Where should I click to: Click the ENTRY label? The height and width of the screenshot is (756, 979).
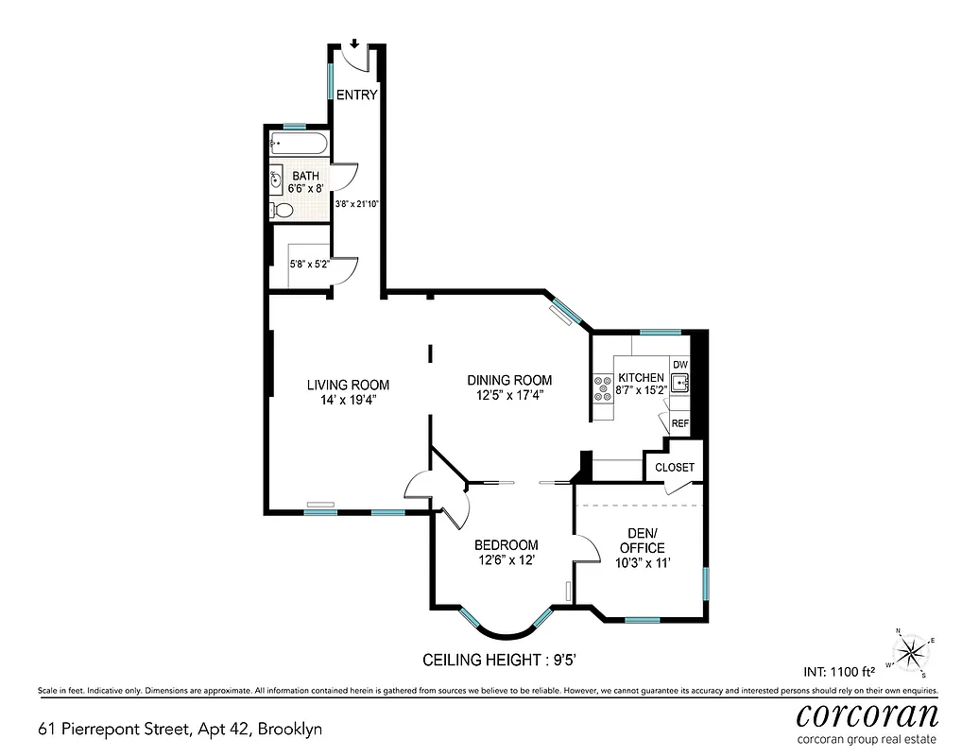[356, 94]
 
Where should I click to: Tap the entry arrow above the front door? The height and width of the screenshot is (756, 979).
[354, 43]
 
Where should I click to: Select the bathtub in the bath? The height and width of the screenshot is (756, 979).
[298, 146]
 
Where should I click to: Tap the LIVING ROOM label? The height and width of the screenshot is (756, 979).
[348, 385]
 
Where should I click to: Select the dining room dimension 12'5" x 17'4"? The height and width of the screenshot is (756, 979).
[509, 396]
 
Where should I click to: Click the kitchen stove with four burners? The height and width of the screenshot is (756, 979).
[601, 388]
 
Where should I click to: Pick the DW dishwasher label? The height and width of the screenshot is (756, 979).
[680, 365]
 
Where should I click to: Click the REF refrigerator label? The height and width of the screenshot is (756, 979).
[680, 424]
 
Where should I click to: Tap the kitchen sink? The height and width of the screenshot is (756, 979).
[679, 383]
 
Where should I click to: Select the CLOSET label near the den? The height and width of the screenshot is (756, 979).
[674, 468]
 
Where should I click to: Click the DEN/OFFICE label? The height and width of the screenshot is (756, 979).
[642, 541]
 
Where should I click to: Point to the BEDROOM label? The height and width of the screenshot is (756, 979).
[506, 545]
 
